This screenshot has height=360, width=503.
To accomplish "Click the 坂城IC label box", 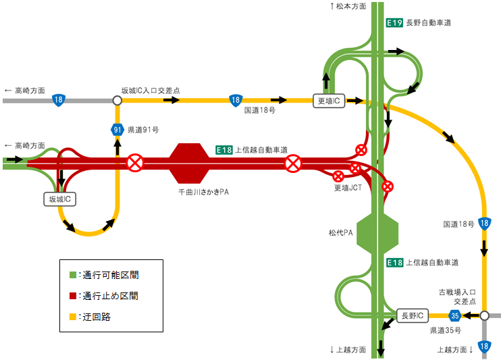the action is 59,199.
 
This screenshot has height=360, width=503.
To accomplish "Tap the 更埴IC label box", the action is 329,101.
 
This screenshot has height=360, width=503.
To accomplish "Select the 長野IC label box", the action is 413,315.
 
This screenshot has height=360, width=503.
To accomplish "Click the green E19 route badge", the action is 394,23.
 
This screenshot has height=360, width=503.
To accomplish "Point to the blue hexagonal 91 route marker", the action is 117,130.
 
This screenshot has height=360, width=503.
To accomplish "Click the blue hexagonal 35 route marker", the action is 455,315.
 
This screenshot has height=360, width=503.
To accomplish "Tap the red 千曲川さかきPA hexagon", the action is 189,163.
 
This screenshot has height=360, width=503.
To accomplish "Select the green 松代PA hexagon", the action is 377,232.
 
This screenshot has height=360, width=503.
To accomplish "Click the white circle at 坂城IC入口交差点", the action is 117,101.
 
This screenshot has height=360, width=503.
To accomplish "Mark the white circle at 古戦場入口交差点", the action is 484,315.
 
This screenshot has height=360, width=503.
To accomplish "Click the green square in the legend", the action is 73,275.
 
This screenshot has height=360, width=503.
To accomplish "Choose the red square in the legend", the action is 73,296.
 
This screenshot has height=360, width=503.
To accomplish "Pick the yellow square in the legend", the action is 73,317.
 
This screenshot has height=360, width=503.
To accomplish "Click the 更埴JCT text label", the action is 348,188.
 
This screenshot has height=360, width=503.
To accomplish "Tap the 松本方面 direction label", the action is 348,6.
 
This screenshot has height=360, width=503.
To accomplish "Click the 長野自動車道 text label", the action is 429,23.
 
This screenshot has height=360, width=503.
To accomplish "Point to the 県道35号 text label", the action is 446,330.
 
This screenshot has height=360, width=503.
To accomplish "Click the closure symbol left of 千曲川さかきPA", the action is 136,163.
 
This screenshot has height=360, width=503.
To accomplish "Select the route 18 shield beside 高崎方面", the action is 58,100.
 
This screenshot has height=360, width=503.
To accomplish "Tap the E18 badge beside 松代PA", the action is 394,263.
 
